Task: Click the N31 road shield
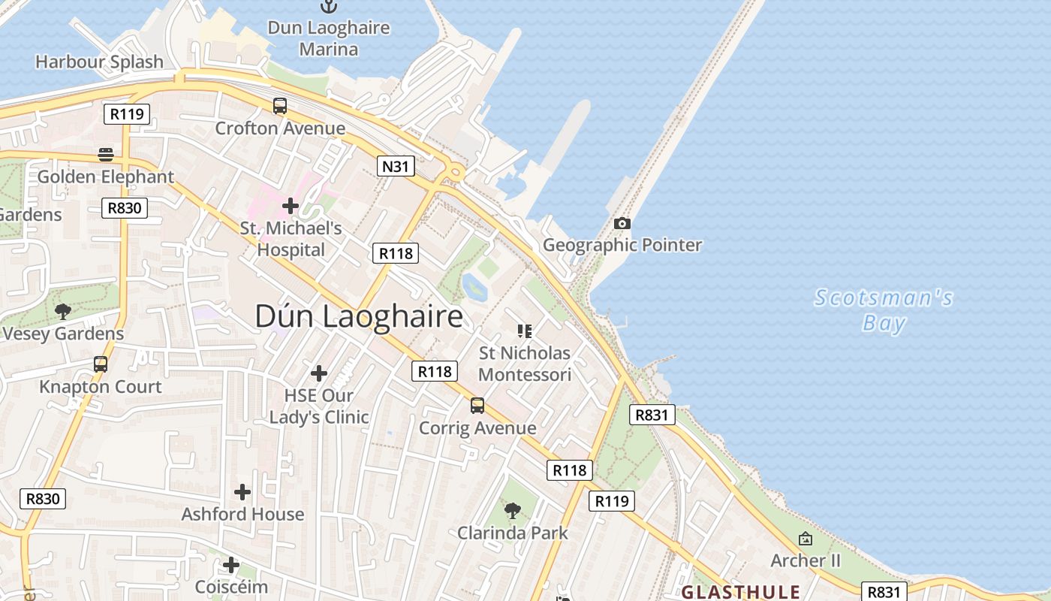[396, 166]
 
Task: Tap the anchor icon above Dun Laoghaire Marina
[329, 6]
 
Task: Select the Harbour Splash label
[99, 62]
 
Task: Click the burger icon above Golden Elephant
[106, 155]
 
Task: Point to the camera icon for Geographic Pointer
[622, 223]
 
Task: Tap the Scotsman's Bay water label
[884, 310]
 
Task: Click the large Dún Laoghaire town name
[359, 316]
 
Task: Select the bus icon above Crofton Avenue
[280, 106]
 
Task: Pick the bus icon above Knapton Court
[101, 364]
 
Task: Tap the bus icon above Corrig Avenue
[477, 406]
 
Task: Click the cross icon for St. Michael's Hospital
[291, 206]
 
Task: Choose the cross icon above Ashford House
[242, 492]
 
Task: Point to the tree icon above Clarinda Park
[513, 511]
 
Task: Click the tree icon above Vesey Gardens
[63, 311]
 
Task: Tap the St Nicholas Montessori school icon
[525, 331]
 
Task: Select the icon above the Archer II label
[806, 539]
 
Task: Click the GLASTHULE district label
[740, 592]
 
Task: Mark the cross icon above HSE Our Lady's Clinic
[319, 373]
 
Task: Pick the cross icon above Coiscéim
[231, 564]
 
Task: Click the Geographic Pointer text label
[622, 245]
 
